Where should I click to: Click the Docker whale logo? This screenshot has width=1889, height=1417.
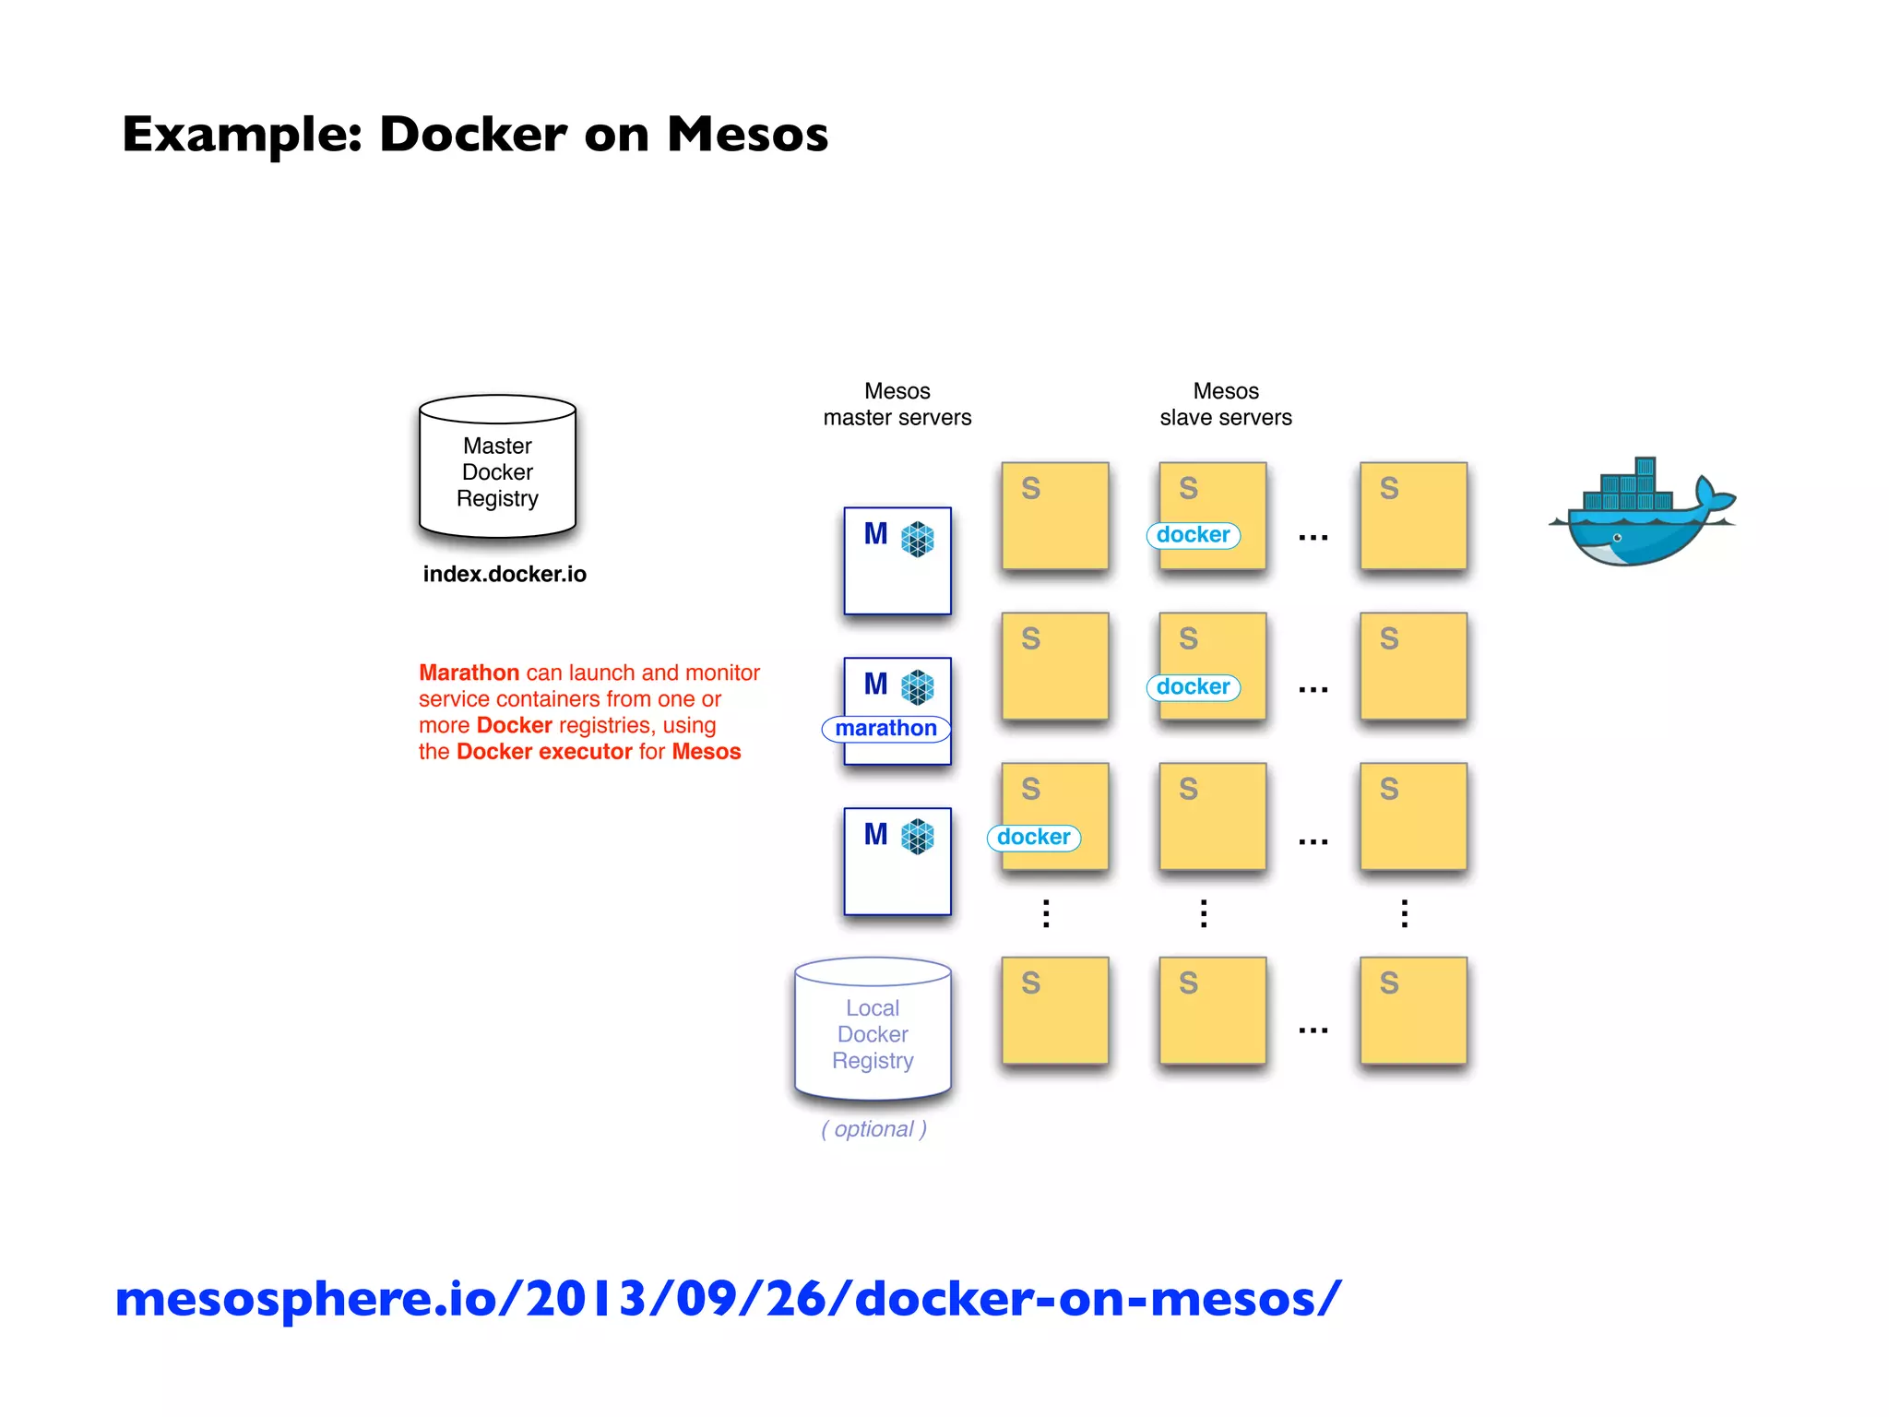point(1640,514)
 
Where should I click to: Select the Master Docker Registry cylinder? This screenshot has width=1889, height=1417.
point(497,468)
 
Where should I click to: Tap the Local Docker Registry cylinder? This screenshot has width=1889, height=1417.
point(873,1030)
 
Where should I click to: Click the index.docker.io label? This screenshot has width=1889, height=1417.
point(505,574)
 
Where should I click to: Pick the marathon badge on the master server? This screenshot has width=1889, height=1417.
point(885,729)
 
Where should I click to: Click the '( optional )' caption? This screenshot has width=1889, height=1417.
point(873,1129)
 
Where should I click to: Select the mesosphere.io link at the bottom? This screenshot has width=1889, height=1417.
point(728,1298)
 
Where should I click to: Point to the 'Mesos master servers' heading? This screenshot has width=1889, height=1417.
point(897,404)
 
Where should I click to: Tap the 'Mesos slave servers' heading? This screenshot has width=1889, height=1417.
point(1225,404)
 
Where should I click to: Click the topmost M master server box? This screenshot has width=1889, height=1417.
point(897,561)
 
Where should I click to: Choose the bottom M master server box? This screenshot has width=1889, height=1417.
point(897,862)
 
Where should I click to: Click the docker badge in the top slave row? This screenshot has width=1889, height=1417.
point(1193,535)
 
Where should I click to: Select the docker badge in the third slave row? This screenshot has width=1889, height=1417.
point(1033,838)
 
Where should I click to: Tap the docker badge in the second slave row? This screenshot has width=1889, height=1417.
point(1193,687)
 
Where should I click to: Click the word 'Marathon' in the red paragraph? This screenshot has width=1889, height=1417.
point(469,673)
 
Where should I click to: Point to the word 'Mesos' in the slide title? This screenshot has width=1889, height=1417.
point(747,135)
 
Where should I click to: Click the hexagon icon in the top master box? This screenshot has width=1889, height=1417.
point(917,540)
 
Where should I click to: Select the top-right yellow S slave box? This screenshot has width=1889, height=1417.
point(1413,516)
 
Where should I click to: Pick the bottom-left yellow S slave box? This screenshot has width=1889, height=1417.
point(1054,1010)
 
